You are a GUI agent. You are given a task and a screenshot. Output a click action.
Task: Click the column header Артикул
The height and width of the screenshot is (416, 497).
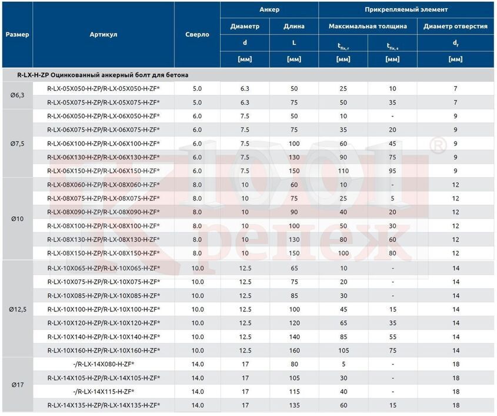pos(104,35)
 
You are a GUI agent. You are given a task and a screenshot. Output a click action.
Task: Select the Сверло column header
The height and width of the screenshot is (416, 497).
pos(197,35)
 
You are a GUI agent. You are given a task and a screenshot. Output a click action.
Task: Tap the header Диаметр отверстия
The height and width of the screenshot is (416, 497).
pos(455,26)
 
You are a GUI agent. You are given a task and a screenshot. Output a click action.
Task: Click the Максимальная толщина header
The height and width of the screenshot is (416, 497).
pos(368,26)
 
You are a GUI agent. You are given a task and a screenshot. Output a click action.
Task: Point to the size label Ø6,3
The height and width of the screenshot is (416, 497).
pos(18,95)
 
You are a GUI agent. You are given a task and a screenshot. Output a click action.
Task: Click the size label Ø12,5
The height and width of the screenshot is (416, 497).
pos(18,309)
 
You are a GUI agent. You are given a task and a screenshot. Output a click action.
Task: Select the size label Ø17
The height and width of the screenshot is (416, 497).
pos(18,385)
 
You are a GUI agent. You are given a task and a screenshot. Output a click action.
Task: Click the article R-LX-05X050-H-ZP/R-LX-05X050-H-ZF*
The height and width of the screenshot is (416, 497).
pos(104,89)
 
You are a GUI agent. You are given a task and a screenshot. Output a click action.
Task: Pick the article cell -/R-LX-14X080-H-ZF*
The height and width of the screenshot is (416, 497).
pos(104,364)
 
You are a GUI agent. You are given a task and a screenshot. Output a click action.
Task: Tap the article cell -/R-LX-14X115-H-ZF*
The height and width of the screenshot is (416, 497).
pos(104,392)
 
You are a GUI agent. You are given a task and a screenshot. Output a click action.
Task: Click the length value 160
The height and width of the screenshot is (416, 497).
pos(294,350)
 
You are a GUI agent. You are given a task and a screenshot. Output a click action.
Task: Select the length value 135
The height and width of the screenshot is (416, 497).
pos(294,405)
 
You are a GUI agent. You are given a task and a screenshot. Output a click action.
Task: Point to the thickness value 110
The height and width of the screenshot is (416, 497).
pos(343,171)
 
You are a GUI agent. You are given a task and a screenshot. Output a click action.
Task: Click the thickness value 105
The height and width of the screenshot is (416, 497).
pos(343,350)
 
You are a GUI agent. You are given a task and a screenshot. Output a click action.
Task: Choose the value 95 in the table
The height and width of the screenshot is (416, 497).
pos(392,171)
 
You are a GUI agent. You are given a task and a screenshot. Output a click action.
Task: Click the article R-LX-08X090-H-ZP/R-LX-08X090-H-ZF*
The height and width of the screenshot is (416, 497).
pos(104,212)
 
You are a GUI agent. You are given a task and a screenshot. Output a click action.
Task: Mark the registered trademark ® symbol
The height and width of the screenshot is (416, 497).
pos(438,145)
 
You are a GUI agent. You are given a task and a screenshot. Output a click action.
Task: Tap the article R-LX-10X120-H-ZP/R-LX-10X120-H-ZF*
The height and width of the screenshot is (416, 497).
pos(104,323)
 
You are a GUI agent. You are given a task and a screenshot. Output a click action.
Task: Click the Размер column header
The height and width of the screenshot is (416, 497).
pos(18,35)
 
